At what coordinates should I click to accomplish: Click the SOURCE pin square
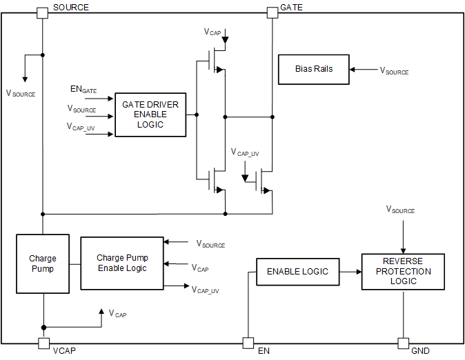pos(42,12)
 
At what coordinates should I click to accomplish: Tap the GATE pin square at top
pos(272,12)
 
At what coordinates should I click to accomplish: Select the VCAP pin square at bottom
pos(43,343)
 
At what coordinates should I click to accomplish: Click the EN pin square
pos(247,343)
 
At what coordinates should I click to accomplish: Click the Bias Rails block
pos(313,70)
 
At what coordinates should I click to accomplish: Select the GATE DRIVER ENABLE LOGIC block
pos(150,114)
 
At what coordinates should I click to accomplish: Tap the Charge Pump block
pos(43,263)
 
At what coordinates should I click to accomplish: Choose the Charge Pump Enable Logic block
pos(122,263)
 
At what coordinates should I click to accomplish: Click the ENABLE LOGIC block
pos(297,272)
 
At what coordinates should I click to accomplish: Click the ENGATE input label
pos(83,89)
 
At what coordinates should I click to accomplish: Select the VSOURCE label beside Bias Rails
pos(394,71)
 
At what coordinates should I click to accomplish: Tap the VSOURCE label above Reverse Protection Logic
pos(400,209)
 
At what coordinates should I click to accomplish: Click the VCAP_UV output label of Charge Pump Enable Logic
pos(206,290)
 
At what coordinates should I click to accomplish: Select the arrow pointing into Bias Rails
pos(362,70)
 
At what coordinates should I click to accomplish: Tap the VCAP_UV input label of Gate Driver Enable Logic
pos(81,128)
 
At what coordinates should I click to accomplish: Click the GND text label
pos(420,351)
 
